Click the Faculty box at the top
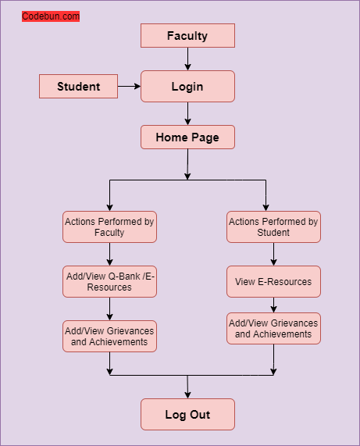coord(187,35)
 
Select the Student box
coord(78,86)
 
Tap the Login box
coord(187,86)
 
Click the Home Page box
coord(187,137)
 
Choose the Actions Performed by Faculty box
coord(109,227)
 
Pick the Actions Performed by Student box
coord(273,227)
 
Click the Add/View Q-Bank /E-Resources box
coord(109,281)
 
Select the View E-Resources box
coord(273,281)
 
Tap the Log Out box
coord(187,414)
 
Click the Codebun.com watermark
coord(51,16)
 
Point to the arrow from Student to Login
coord(129,86)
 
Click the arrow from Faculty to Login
coord(187,59)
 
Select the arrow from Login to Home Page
coord(187,113)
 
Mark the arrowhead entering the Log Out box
coord(187,394)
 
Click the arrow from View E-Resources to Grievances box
coord(273,305)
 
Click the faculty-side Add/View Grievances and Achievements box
coord(109,336)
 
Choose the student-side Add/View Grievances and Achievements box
coord(273,328)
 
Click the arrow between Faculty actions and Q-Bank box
coord(109,254)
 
